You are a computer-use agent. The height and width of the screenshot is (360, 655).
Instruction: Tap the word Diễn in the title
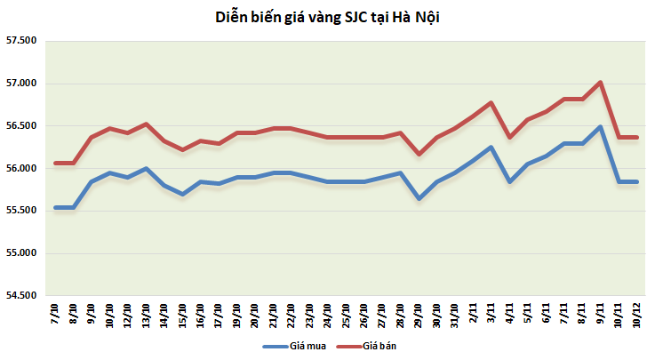point(233,17)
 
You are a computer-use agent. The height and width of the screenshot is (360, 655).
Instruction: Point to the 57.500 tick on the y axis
point(21,41)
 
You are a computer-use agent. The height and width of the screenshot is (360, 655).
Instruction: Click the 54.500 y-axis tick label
point(21,296)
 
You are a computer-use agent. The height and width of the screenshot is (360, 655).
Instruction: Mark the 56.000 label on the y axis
point(21,169)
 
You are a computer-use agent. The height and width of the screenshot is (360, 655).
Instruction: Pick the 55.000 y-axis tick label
point(21,253)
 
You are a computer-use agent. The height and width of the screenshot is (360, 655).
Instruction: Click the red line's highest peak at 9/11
point(601,83)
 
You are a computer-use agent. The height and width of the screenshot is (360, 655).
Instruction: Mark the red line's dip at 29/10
point(419,154)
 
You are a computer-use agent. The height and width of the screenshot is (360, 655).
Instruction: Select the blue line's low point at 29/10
point(419,197)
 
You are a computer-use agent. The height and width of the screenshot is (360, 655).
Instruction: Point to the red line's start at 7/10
point(56,163)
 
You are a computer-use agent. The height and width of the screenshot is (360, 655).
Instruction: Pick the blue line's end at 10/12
point(636,181)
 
